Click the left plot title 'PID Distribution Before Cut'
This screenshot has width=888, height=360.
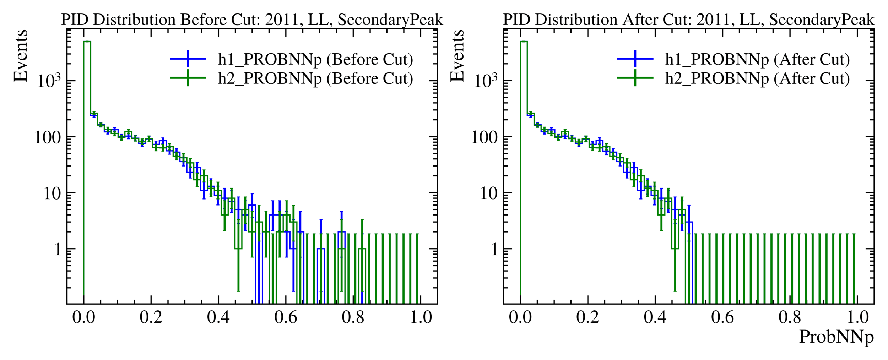pyautogui.click(x=252, y=20)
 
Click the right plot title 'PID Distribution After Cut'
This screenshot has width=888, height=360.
pyautogui.click(x=688, y=20)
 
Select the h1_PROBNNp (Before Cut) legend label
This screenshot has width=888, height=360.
pyautogui.click(x=315, y=60)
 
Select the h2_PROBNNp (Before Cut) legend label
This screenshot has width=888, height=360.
pyautogui.click(x=315, y=79)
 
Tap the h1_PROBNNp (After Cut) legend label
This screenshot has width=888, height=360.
pyautogui.click(x=757, y=60)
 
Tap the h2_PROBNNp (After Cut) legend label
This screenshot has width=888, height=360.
pyautogui.click(x=757, y=79)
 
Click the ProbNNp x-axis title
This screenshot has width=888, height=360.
pyautogui.click(x=836, y=337)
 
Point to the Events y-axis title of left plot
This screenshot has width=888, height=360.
pyautogui.click(x=21, y=56)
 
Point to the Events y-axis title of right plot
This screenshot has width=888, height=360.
pyautogui.click(x=457, y=56)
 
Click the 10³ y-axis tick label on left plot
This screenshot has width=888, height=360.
pyautogui.click(x=49, y=81)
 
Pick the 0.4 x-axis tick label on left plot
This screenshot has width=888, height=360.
pyautogui.click(x=218, y=317)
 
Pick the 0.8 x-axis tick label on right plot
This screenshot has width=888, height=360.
pyautogui.click(x=790, y=317)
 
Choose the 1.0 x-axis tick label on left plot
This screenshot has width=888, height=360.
pyautogui.click(x=421, y=317)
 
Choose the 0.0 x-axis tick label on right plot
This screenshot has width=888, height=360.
pyautogui.click(x=520, y=317)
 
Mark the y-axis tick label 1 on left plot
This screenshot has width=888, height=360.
pyautogui.click(x=58, y=250)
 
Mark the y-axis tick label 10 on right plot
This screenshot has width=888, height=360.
pyautogui.click(x=489, y=194)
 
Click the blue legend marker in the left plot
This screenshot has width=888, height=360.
pyautogui.click(x=188, y=59)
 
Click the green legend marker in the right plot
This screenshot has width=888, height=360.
pyautogui.click(x=635, y=78)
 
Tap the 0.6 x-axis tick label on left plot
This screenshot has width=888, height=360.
pyautogui.click(x=286, y=317)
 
